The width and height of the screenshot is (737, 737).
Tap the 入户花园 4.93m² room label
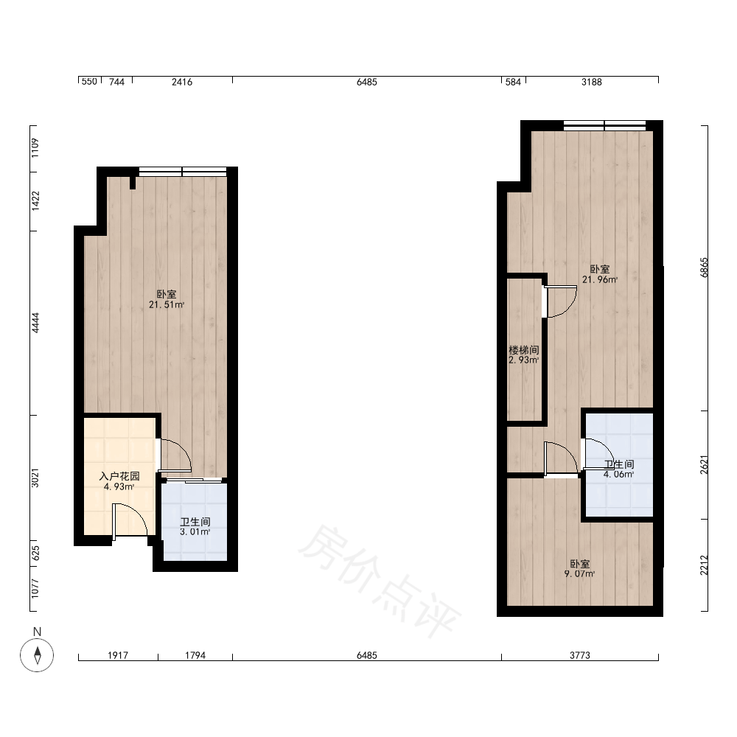click(x=119, y=481)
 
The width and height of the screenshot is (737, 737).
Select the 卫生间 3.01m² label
click(x=195, y=527)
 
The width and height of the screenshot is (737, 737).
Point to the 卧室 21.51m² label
click(x=167, y=299)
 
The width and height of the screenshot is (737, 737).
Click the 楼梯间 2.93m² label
click(x=523, y=355)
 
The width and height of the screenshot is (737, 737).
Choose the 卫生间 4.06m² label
click(x=618, y=469)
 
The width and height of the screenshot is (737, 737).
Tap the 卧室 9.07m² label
click(x=579, y=568)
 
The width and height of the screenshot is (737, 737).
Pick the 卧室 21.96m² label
click(x=600, y=274)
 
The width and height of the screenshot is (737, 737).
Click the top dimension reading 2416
click(x=182, y=82)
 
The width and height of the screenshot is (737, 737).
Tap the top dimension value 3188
click(x=591, y=82)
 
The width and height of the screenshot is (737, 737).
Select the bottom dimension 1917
click(x=117, y=654)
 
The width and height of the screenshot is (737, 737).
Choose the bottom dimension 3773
click(x=579, y=654)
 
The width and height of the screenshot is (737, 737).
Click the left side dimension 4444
click(x=35, y=323)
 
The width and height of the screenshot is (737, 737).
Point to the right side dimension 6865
click(x=704, y=268)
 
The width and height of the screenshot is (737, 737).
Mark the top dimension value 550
click(x=89, y=81)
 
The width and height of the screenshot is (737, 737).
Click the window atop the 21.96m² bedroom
click(x=604, y=125)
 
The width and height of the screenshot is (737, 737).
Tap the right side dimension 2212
click(x=704, y=565)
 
